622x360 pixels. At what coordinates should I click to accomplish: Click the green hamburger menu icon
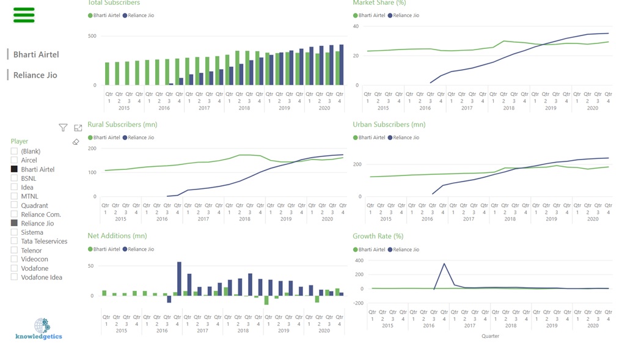(24, 15)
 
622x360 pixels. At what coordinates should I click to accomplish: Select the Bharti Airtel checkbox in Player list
(14, 169)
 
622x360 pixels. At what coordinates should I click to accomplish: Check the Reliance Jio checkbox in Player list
(14, 224)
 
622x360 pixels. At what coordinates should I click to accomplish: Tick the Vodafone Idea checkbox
(14, 277)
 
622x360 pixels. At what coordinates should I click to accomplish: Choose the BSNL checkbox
(14, 178)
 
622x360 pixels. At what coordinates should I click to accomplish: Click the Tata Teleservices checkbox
(14, 241)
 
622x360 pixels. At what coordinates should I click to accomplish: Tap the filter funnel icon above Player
(63, 128)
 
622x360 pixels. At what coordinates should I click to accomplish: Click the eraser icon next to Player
(76, 142)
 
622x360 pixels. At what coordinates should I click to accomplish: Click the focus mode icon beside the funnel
(78, 128)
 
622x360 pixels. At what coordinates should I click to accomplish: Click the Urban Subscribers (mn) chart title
(389, 125)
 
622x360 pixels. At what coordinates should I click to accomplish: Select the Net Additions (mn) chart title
(117, 236)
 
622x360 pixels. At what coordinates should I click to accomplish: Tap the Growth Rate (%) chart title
(378, 237)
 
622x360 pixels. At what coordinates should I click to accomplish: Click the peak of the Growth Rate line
(444, 264)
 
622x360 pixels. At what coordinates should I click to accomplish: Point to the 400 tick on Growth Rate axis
(359, 260)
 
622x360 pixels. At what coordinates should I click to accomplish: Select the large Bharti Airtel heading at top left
(36, 54)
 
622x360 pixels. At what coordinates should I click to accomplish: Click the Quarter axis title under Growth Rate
(490, 336)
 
